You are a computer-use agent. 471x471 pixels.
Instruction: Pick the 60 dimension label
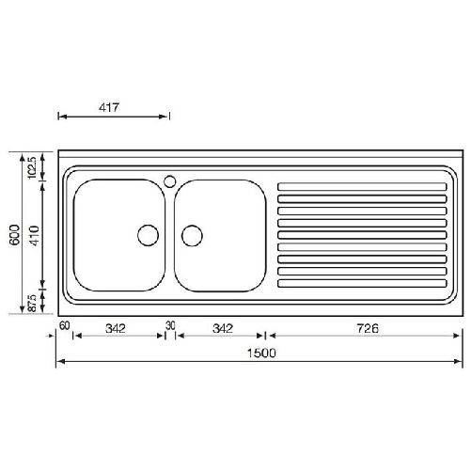pyautogui.click(x=64, y=326)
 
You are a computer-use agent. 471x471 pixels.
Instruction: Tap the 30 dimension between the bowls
pyautogui.click(x=170, y=326)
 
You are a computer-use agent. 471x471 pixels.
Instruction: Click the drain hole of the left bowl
pyautogui.click(x=149, y=235)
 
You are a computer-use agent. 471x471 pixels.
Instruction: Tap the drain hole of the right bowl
pyautogui.click(x=192, y=235)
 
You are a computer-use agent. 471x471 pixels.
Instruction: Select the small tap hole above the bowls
pyautogui.click(x=169, y=180)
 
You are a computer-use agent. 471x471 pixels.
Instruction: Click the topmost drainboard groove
pyautogui.click(x=361, y=184)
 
